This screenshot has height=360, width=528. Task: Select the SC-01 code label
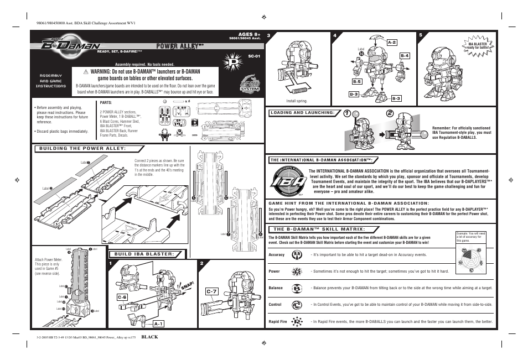(x=253, y=56)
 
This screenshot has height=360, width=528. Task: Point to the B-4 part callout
(x=405, y=55)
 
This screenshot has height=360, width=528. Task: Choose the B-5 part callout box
(x=357, y=81)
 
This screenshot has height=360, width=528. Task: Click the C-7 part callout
(x=213, y=291)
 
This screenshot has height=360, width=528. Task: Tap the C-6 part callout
(x=122, y=298)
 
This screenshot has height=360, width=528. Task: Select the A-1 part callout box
(x=158, y=323)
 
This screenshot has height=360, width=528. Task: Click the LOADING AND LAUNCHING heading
(x=303, y=113)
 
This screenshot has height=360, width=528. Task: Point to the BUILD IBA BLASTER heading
(x=144, y=254)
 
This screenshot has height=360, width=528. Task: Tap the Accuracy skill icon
(x=297, y=255)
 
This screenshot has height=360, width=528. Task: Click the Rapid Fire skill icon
(x=297, y=321)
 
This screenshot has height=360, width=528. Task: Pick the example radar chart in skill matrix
(x=471, y=259)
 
